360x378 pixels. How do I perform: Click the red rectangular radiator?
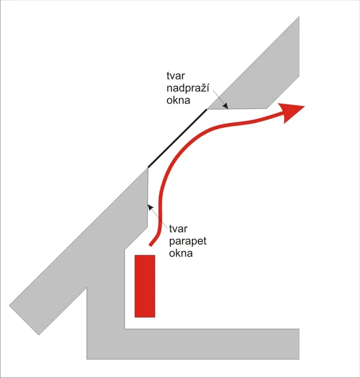coord(145,286)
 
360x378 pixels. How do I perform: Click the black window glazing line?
coord(177,138)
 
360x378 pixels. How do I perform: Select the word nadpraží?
coord(188,89)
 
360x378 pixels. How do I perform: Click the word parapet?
coord(188,241)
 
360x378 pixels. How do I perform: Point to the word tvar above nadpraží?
coord(175,76)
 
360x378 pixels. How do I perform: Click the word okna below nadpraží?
coord(178,100)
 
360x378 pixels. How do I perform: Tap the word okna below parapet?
coord(181,253)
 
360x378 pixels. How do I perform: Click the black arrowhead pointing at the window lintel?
coord(225,106)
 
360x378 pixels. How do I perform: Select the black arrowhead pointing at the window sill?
coord(150,207)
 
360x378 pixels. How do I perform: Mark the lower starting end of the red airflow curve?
coord(151,245)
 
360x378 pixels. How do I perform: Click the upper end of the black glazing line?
coord(207,110)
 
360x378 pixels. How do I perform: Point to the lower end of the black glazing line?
coord(148,167)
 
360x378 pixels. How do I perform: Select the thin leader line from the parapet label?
coord(157,216)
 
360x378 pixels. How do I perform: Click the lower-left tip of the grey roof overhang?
coord(39,335)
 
